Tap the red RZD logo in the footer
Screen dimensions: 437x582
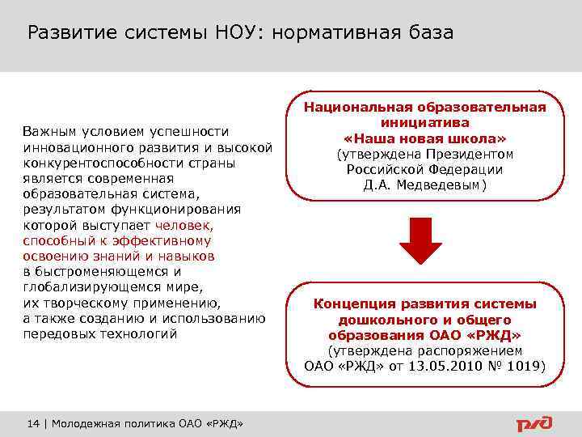pyautogui.click(x=534, y=423)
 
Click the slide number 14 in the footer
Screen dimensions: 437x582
pyautogui.click(x=33, y=425)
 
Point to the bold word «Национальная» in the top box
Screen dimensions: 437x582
pyautogui.click(x=357, y=108)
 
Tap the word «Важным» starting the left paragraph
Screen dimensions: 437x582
pyautogui.click(x=48, y=131)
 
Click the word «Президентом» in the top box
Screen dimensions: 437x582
pyautogui.click(x=474, y=154)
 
